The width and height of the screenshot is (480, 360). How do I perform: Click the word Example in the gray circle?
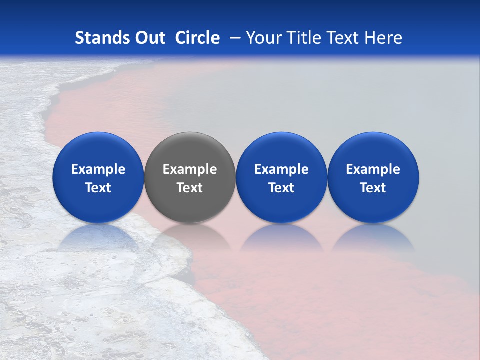tap(190, 169)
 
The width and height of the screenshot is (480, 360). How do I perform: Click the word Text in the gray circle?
tap(190, 188)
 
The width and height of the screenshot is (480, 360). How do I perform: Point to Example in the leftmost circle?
tap(98, 169)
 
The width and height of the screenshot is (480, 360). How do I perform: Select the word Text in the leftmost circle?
tap(98, 188)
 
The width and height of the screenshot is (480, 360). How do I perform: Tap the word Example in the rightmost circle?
tap(373, 169)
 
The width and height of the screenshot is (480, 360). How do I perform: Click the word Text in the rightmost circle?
tap(373, 188)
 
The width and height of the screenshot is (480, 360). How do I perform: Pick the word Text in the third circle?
tap(281, 188)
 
